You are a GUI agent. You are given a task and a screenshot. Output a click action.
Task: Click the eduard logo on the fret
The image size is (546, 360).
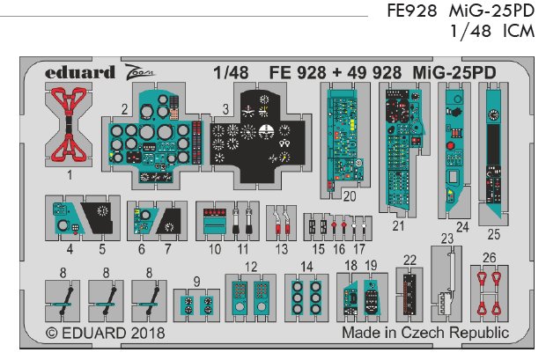click(80, 72)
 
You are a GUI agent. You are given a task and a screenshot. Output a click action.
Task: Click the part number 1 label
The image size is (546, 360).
click(70, 175)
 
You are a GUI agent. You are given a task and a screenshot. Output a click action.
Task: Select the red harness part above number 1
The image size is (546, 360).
click(69, 125)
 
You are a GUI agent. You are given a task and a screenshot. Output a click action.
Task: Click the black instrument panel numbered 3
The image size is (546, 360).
click(257, 135)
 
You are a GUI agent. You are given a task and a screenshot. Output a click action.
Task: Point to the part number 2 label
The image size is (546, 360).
click(124, 110)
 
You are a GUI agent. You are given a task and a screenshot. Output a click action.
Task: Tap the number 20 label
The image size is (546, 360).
click(350, 196)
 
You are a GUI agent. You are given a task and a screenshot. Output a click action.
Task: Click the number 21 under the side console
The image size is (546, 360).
click(398, 226)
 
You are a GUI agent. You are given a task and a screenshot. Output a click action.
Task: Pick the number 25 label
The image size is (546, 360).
click(494, 234)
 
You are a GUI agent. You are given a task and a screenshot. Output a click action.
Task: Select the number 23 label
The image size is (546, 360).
click(447, 239)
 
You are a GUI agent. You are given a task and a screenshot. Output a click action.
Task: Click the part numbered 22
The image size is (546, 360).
click(409, 295)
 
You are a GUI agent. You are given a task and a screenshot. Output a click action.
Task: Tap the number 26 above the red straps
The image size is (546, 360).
click(490, 258)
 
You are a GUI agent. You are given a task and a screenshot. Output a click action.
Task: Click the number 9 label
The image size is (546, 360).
click(196, 282)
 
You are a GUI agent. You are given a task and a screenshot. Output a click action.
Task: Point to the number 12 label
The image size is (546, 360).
click(251, 267)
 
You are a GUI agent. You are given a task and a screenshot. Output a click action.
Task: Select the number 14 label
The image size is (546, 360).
click(306, 267)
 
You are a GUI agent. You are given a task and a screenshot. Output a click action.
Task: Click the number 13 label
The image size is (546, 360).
click(281, 249)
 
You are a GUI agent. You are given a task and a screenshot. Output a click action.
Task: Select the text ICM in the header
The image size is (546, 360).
click(519, 31)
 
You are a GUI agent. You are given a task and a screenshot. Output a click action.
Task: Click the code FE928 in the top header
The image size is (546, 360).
click(411, 11)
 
